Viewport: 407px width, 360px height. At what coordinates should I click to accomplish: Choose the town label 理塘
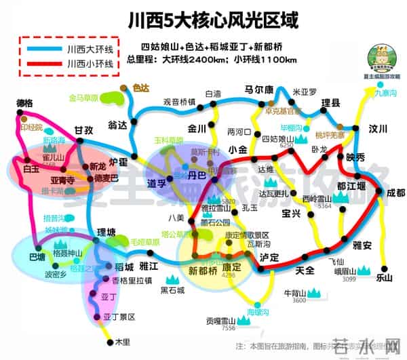[108, 233]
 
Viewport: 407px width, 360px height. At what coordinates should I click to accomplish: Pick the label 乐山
[384, 277]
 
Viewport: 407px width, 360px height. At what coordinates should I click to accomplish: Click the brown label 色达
[140, 88]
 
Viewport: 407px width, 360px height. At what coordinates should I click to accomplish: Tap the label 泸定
[269, 258]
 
